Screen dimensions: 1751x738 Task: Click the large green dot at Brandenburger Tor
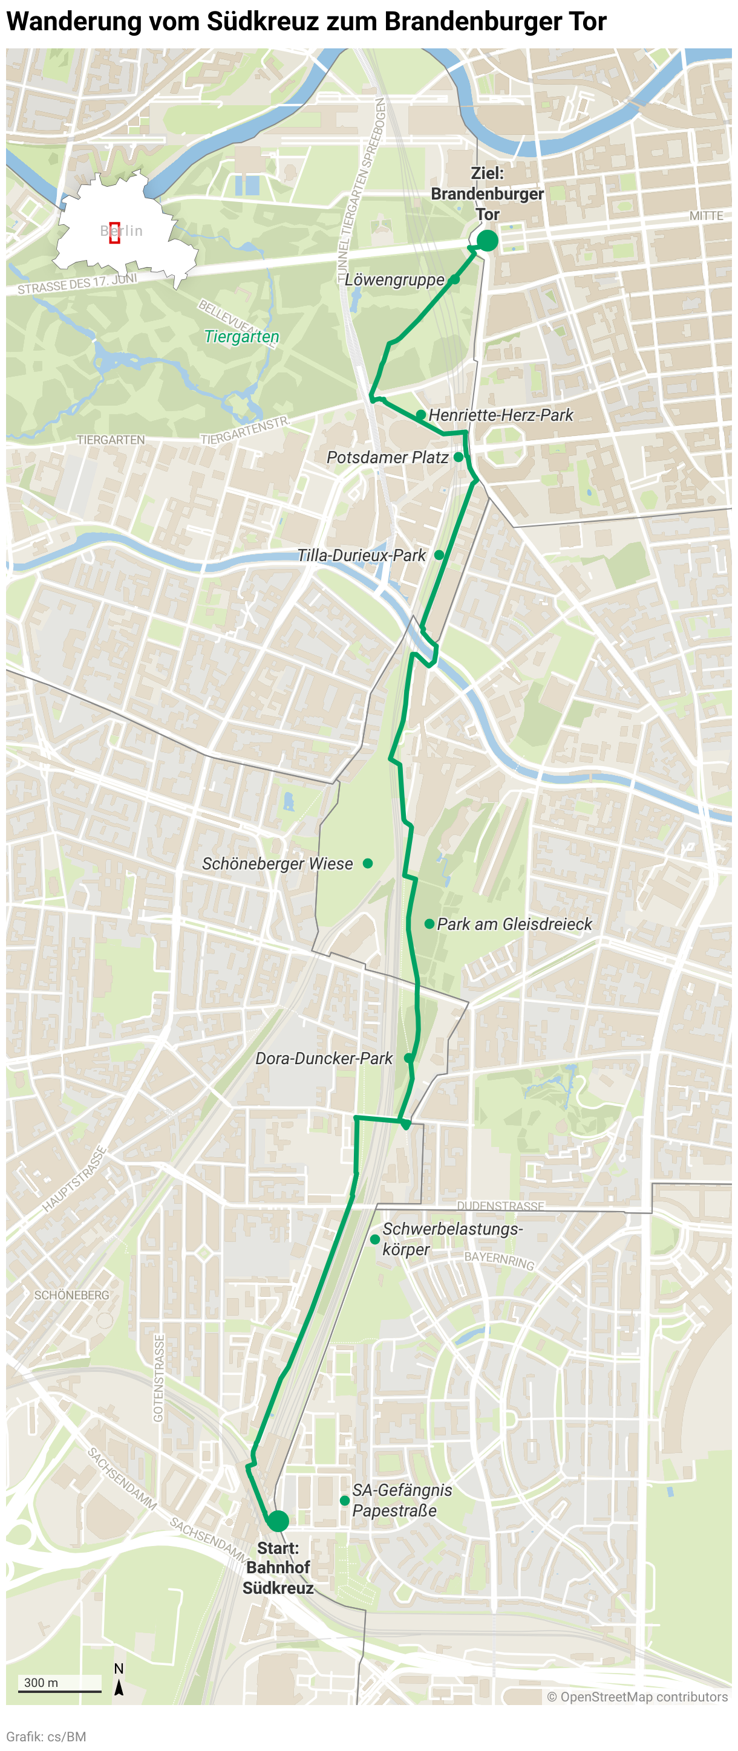click(x=487, y=241)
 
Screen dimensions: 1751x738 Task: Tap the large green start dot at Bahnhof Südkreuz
click(x=277, y=1521)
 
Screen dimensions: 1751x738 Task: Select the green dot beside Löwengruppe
click(x=454, y=279)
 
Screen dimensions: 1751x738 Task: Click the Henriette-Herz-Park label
click(x=501, y=415)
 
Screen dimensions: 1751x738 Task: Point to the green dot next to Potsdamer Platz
click(x=459, y=456)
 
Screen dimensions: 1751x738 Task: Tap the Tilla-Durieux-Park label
click(x=361, y=555)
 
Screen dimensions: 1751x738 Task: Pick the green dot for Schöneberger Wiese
click(x=368, y=863)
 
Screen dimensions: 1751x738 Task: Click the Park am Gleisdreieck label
click(x=514, y=924)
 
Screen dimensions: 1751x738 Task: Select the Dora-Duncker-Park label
click(x=324, y=1058)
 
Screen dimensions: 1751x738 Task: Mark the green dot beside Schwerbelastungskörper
click(x=375, y=1239)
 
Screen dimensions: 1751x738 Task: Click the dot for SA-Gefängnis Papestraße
click(x=345, y=1500)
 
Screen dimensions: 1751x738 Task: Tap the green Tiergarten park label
click(x=241, y=336)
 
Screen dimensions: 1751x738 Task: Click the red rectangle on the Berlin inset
click(x=114, y=232)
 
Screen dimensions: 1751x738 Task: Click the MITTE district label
click(x=706, y=215)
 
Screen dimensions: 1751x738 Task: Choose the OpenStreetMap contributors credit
click(x=638, y=1697)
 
